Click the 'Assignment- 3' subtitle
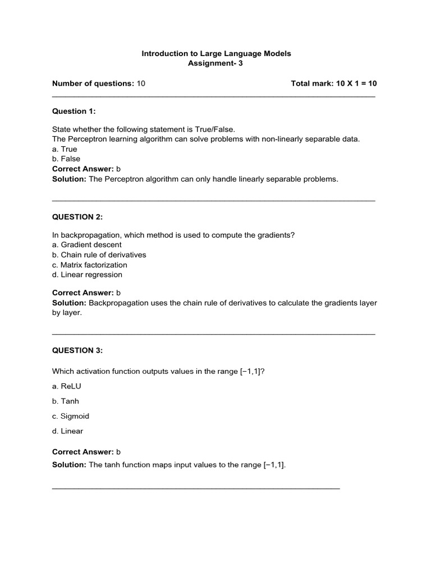click(216, 63)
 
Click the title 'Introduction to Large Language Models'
click(216, 53)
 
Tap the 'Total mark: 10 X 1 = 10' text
click(334, 84)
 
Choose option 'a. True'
click(65, 149)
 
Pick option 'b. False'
click(66, 159)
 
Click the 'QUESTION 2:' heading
click(77, 216)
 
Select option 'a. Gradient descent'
click(87, 245)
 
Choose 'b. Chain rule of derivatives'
click(99, 255)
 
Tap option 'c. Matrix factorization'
click(90, 265)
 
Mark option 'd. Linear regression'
click(87, 275)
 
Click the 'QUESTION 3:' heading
click(77, 350)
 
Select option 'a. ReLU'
click(67, 386)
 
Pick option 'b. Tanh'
click(66, 401)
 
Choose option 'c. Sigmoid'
click(71, 416)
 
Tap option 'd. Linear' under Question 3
click(67, 431)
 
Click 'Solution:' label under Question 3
click(69, 465)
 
